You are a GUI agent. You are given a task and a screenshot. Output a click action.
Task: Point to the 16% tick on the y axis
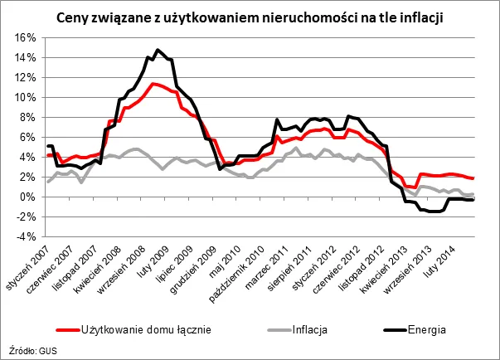tap(22, 38)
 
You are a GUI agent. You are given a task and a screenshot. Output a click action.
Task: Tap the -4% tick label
tap(22, 236)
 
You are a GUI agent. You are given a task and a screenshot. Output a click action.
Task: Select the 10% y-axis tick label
tap(22, 97)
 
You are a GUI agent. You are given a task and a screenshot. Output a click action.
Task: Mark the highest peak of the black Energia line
tap(158, 50)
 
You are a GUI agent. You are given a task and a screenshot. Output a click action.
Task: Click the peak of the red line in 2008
tap(153, 83)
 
